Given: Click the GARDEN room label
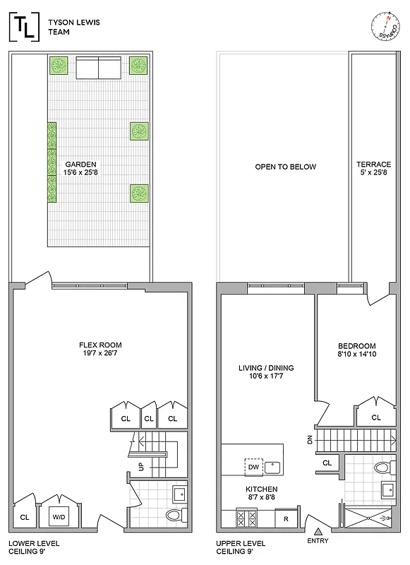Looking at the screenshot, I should pos(80,164).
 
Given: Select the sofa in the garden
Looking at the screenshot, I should pos(98,69).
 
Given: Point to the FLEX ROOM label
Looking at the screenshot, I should pos(101,345).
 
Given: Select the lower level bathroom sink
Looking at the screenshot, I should pos(179,492).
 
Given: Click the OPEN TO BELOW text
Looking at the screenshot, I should pos(285,167).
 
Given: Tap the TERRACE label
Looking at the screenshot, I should pos(373,164).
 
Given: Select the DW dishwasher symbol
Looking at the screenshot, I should pos(252,467).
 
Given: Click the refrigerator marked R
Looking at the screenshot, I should pos(286,518).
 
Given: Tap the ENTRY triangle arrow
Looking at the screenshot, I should pos(318,531).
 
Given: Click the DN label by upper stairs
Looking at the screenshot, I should pos(310,440).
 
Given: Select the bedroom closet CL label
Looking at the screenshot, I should pos(375,417).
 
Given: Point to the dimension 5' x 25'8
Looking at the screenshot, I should pos(373,173).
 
